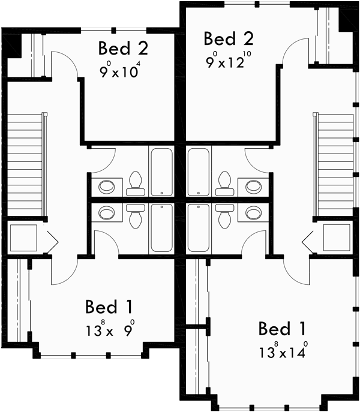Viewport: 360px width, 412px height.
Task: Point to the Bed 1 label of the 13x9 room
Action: [109, 307]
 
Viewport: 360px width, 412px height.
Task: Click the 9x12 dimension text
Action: [229, 60]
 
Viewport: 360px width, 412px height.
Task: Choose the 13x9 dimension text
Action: [109, 330]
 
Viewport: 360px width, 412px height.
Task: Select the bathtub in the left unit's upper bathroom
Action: [161, 172]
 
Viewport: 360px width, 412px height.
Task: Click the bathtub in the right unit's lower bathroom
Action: [198, 227]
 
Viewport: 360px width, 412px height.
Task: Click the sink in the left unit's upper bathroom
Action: [107, 186]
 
